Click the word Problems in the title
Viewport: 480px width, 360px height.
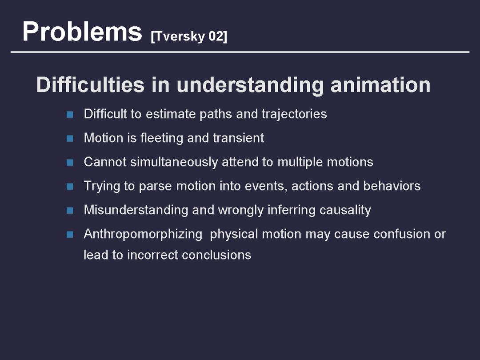click(82, 32)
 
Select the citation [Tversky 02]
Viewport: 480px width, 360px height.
click(189, 36)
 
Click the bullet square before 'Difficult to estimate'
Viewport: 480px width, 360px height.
click(70, 115)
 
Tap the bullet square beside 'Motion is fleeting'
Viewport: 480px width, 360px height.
click(70, 138)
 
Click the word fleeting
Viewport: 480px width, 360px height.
click(162, 138)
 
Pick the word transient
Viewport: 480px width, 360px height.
click(239, 138)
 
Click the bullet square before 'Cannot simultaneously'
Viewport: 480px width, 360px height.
click(70, 162)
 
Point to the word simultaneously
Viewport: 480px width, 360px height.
click(174, 162)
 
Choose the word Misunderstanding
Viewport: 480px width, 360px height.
click(136, 210)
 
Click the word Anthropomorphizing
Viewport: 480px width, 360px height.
click(143, 234)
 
